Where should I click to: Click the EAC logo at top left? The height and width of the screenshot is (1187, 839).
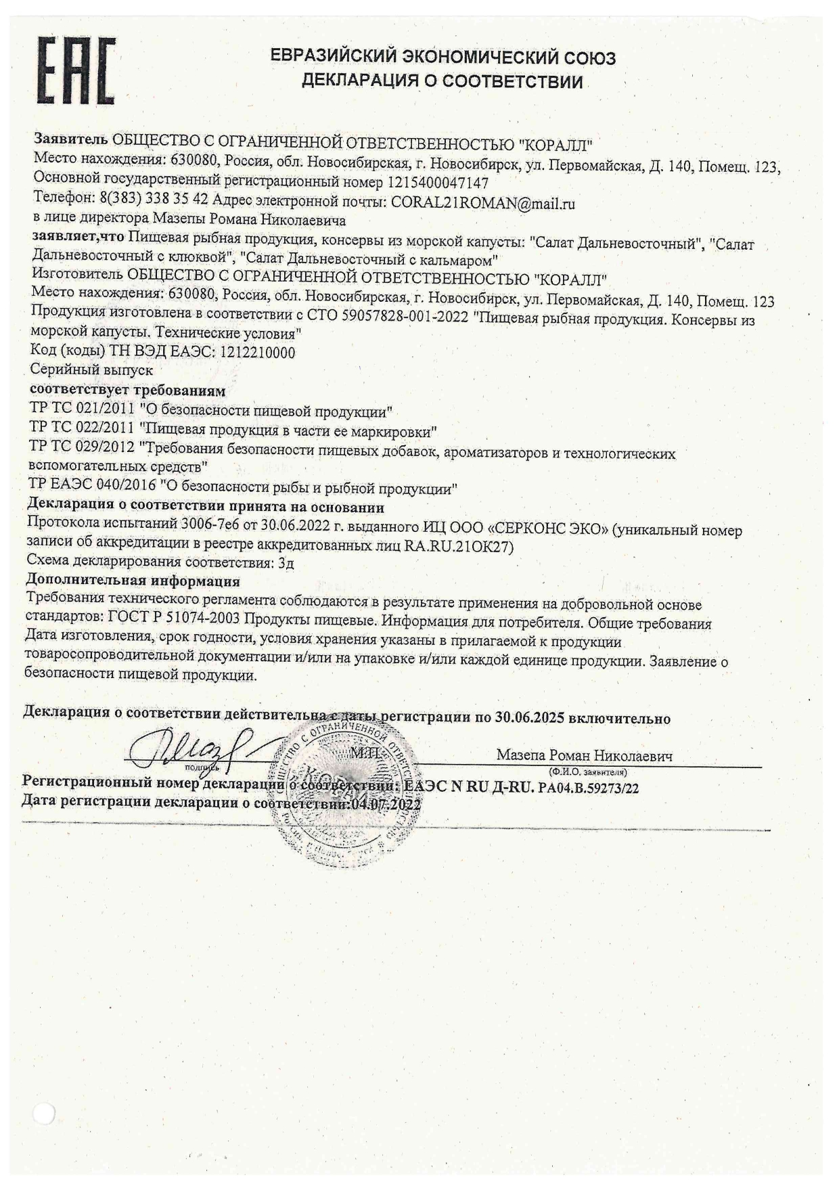point(76,71)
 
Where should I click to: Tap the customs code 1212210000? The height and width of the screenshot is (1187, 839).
point(254,353)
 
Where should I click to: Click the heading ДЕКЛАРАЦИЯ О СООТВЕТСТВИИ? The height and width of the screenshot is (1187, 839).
point(442,83)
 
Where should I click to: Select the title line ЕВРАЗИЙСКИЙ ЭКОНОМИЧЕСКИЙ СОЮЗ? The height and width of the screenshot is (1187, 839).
point(443,58)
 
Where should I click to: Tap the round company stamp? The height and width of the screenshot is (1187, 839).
point(345,784)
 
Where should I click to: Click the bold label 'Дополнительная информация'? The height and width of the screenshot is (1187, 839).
point(133,581)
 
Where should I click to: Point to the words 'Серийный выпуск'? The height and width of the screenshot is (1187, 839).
point(92,370)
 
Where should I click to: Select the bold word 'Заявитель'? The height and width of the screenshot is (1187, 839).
point(70,139)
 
